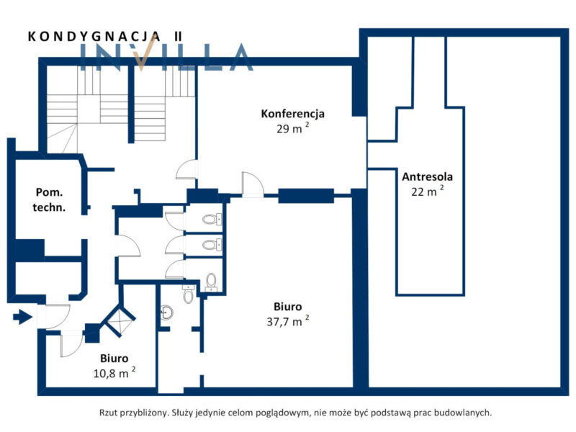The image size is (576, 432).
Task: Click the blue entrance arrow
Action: coord(22,317)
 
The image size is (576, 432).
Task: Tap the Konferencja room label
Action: coord(293,114)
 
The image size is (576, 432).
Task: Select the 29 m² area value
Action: coord(293,128)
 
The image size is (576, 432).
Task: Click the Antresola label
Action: coord(427,176)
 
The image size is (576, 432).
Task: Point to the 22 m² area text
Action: coord(427,191)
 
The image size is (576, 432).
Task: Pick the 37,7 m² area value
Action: coord(288,321)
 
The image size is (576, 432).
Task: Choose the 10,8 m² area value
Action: coord(114,373)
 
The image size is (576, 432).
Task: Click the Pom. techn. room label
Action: coord(49,200)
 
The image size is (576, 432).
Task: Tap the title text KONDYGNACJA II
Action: coord(105,37)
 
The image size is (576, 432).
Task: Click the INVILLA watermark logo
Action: coord(166,57)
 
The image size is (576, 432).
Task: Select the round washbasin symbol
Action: coord(167,313)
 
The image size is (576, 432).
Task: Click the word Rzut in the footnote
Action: coord(107,413)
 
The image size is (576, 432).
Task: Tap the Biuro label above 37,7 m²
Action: coord(287,307)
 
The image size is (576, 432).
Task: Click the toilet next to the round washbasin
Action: coord(188,294)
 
